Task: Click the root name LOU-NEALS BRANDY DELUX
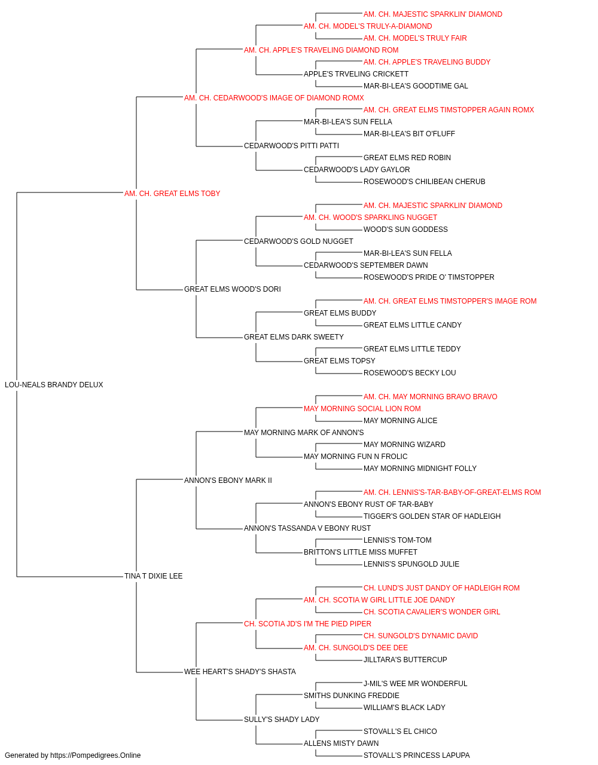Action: [x=54, y=385]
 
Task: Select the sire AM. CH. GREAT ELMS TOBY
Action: [x=172, y=194]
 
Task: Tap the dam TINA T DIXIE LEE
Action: [x=154, y=576]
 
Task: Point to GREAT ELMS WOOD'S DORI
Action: [x=233, y=289]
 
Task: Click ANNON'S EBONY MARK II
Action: [x=228, y=481]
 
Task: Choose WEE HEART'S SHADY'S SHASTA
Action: [x=240, y=672]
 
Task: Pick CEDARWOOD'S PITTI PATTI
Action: [x=291, y=146]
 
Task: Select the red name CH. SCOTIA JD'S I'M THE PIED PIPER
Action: [x=307, y=624]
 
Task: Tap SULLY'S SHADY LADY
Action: [x=282, y=720]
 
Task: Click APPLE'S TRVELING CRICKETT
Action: [x=356, y=74]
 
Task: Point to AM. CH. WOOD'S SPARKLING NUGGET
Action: [x=371, y=218]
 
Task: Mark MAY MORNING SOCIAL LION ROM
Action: [x=362, y=409]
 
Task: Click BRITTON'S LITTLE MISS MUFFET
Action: [x=361, y=552]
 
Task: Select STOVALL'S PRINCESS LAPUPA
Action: [x=417, y=755]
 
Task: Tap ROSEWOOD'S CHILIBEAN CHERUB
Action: [x=425, y=182]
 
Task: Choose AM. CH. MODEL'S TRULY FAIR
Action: [x=415, y=38]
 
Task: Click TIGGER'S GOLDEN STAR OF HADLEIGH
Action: [x=432, y=516]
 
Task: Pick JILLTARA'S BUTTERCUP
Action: [x=405, y=660]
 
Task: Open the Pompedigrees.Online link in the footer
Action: [x=96, y=755]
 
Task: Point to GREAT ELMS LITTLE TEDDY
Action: [x=412, y=349]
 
